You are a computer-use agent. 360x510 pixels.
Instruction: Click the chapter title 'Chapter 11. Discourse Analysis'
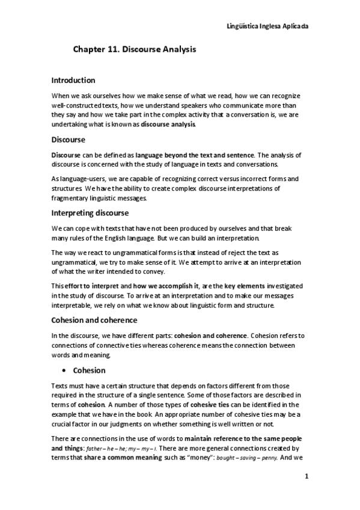pos(135,52)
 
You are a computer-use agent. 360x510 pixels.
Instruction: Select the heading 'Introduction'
pos(73,80)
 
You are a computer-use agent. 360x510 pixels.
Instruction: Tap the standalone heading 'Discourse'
pos(69,140)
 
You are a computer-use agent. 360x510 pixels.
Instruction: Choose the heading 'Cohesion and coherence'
pos(94,320)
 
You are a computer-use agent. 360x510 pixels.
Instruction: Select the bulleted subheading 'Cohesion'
pos(89,370)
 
